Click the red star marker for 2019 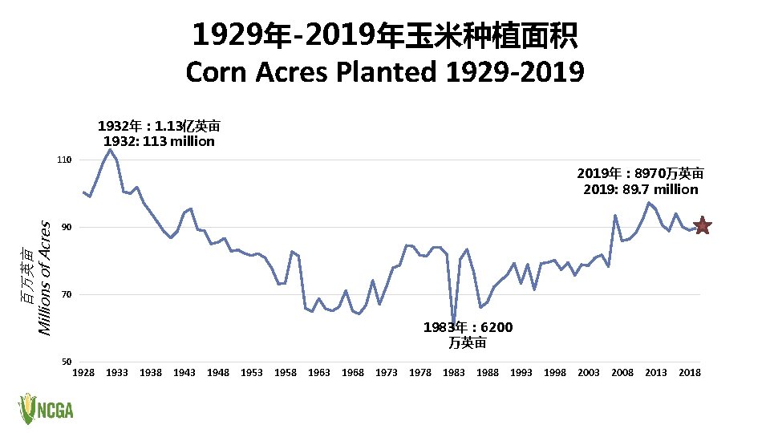pyautogui.click(x=702, y=225)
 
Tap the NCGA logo pyautogui.click(x=46, y=409)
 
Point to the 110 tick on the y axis pyautogui.click(x=65, y=160)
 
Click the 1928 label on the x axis pyautogui.click(x=83, y=373)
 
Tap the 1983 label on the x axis pyautogui.click(x=454, y=373)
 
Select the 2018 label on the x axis pyautogui.click(x=690, y=373)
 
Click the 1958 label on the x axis pyautogui.click(x=286, y=373)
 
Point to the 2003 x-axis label pyautogui.click(x=589, y=373)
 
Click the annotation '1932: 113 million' pyautogui.click(x=159, y=141)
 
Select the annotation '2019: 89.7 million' pyautogui.click(x=641, y=189)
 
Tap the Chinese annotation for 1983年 pyautogui.click(x=468, y=335)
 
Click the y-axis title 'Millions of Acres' pyautogui.click(x=46, y=278)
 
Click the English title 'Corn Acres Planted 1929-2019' pyautogui.click(x=384, y=72)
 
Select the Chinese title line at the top pyautogui.click(x=384, y=34)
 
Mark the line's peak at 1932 pyautogui.click(x=110, y=149)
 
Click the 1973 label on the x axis pyautogui.click(x=387, y=373)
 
